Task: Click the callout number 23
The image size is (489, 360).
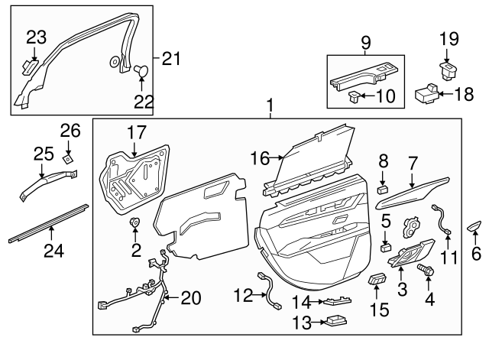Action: click(x=36, y=36)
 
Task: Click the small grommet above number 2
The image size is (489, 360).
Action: click(x=135, y=223)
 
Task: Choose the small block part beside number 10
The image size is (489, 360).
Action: click(x=353, y=97)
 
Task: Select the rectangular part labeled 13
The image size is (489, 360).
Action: click(x=335, y=322)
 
